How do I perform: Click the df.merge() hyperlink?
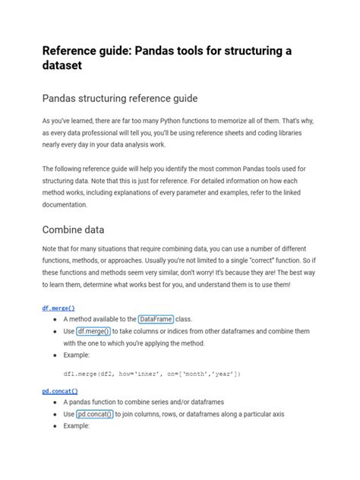58,308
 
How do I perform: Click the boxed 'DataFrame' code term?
156,320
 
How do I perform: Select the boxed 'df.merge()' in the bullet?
93,331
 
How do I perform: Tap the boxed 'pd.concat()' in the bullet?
95,414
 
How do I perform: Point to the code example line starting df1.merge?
152,374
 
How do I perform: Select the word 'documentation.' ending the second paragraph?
65,204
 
